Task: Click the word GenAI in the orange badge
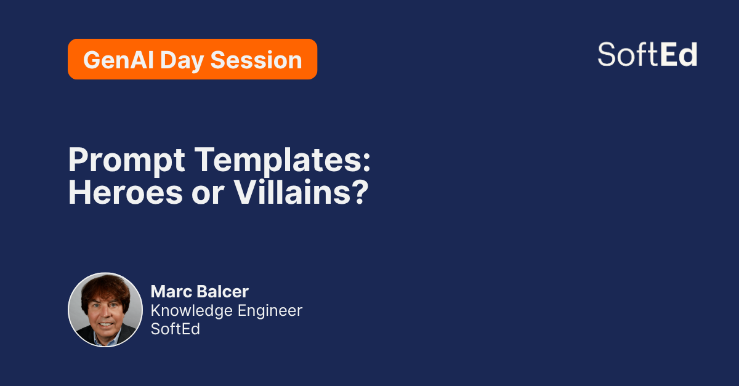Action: (119, 60)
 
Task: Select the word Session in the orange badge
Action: (256, 60)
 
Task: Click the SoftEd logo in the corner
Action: (647, 54)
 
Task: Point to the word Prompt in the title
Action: (126, 161)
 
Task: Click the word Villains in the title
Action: (292, 192)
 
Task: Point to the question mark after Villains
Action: (359, 192)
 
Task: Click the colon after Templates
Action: (366, 163)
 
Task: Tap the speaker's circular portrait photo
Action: (105, 310)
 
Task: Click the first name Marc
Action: (172, 292)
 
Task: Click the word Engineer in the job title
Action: (270, 311)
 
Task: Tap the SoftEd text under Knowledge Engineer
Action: (175, 329)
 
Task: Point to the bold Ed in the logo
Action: (679, 54)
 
